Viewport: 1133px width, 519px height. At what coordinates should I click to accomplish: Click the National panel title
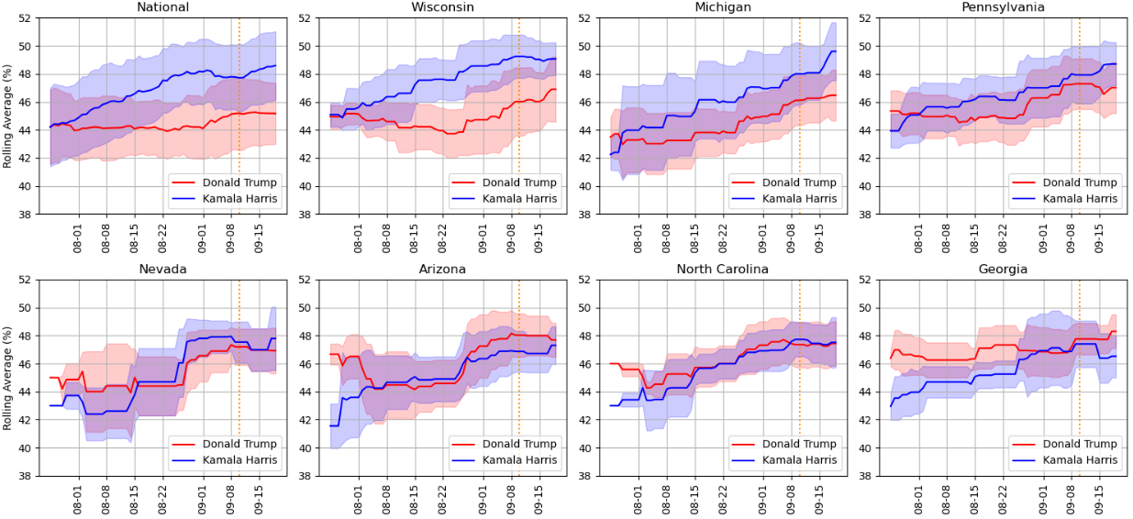[x=162, y=7]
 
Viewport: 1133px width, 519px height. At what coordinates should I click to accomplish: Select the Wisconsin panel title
[x=442, y=7]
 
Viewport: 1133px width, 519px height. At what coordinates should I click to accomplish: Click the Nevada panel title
[x=162, y=270]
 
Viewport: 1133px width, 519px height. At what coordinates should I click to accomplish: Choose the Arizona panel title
[x=442, y=270]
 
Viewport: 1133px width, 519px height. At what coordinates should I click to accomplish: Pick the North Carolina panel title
[x=722, y=270]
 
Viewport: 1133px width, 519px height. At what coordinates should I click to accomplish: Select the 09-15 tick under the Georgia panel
[x=1100, y=499]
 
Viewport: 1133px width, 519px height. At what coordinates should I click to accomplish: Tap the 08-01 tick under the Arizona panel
[x=357, y=499]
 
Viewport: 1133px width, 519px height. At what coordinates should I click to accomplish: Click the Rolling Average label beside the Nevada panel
[x=8, y=379]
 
